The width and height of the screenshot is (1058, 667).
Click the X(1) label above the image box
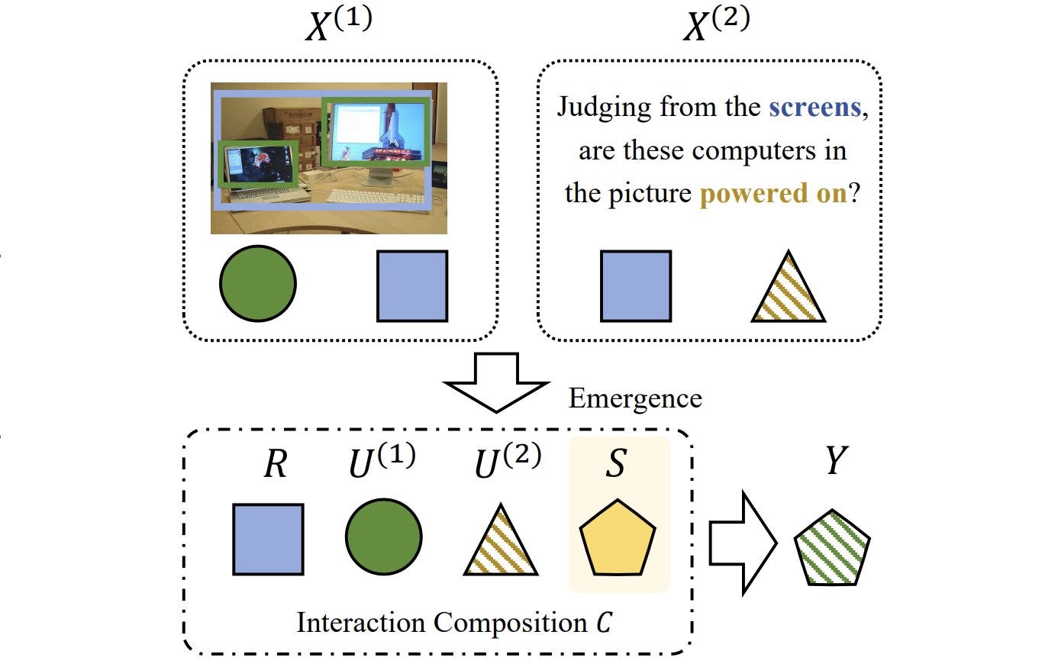coord(338,24)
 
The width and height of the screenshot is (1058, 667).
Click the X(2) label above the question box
coord(716,24)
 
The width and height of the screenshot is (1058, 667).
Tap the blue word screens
coord(814,107)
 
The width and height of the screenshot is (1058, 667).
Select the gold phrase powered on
coord(773,194)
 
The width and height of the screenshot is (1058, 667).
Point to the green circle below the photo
coord(257,283)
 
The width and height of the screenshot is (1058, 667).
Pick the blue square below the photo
coord(412,286)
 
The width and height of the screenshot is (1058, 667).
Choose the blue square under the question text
coord(636,286)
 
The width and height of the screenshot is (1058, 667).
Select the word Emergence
coord(635,398)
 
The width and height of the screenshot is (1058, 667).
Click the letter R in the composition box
coord(275,463)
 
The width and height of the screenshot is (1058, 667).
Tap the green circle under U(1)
coord(383,537)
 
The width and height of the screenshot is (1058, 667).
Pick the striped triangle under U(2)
coord(501,544)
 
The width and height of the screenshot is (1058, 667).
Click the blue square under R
coord(268,539)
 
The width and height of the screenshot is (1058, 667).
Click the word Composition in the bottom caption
coord(511,623)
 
